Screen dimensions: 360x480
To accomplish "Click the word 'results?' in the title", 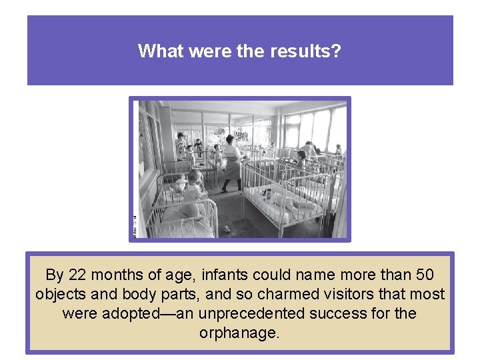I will [305, 51].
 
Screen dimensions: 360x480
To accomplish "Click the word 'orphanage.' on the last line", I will [240, 333].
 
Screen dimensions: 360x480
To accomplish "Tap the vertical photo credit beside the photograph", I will [134, 227].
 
